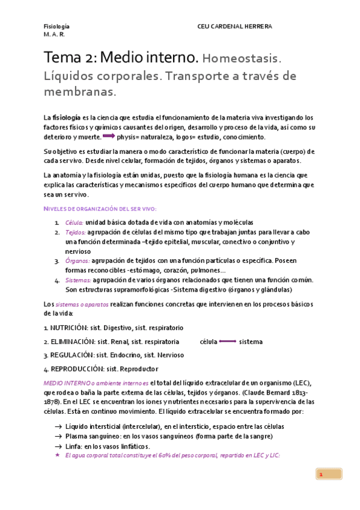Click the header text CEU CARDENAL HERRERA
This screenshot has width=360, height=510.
pyautogui.click(x=234, y=26)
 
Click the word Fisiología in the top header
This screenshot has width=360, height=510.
pyautogui.click(x=56, y=26)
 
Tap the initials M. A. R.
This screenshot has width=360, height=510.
pyautogui.click(x=55, y=34)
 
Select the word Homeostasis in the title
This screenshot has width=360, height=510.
pyautogui.click(x=242, y=59)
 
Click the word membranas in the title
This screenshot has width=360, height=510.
pyautogui.click(x=79, y=92)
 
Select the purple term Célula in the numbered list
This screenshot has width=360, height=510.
pyautogui.click(x=75, y=223)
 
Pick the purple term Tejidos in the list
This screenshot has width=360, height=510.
pyautogui.click(x=75, y=232)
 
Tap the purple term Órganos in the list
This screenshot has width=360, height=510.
pyautogui.click(x=77, y=261)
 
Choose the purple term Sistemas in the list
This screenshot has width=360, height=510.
pyautogui.click(x=78, y=280)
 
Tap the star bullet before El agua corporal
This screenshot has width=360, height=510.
pyautogui.click(x=58, y=455)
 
